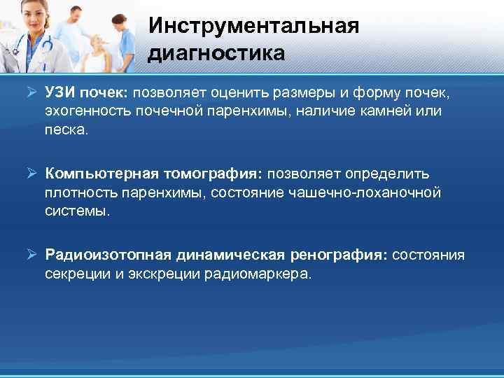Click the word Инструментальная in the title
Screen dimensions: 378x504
253,26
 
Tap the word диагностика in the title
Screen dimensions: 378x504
216,53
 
